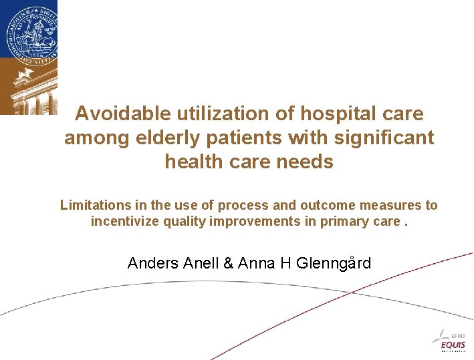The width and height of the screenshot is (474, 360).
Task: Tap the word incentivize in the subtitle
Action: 126,221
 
